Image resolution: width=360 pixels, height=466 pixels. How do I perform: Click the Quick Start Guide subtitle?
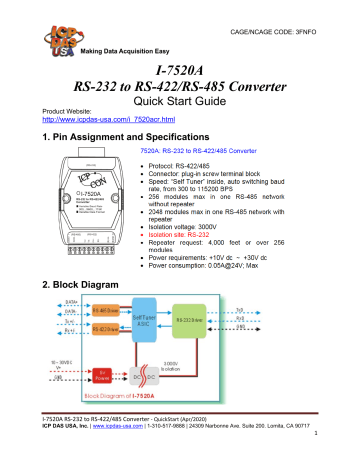[x=180, y=103]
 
